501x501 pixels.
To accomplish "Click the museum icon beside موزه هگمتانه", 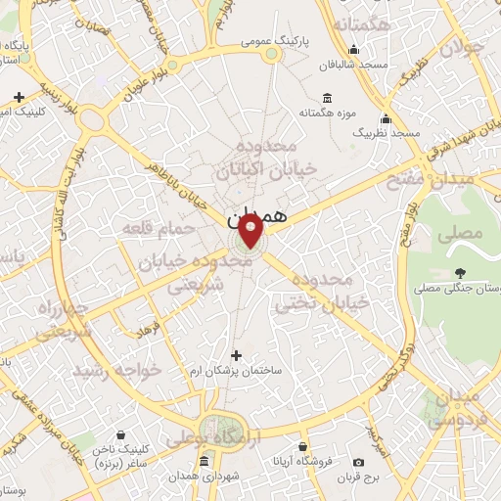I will tap(326, 99).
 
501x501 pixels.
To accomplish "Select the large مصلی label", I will tap(461, 234).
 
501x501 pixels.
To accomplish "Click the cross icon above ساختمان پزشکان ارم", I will tap(235, 356).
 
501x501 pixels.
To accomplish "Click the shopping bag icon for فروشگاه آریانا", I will tap(314, 462).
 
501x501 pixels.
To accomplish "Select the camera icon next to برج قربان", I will tap(358, 462).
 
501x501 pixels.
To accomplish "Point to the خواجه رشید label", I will tap(116, 370).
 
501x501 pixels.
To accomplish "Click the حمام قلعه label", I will tap(152, 229).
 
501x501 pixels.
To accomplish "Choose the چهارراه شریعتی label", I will tap(65, 320).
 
